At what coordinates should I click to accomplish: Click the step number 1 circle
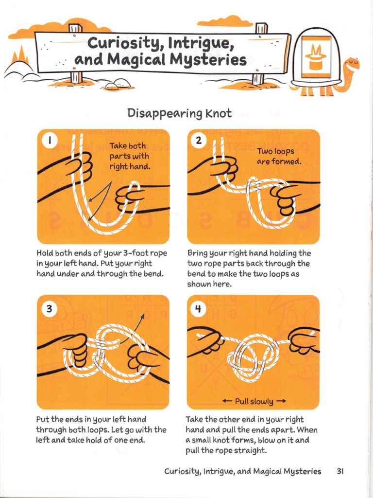point(50,142)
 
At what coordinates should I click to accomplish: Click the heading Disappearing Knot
point(179,113)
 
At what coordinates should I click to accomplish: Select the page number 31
point(340,471)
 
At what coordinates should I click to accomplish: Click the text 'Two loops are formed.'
point(279,156)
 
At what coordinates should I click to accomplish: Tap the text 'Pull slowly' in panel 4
point(254,401)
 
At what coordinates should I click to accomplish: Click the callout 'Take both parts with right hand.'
point(129,156)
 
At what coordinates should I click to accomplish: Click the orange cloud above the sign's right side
point(225,21)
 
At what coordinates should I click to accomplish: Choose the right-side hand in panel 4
point(303,340)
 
